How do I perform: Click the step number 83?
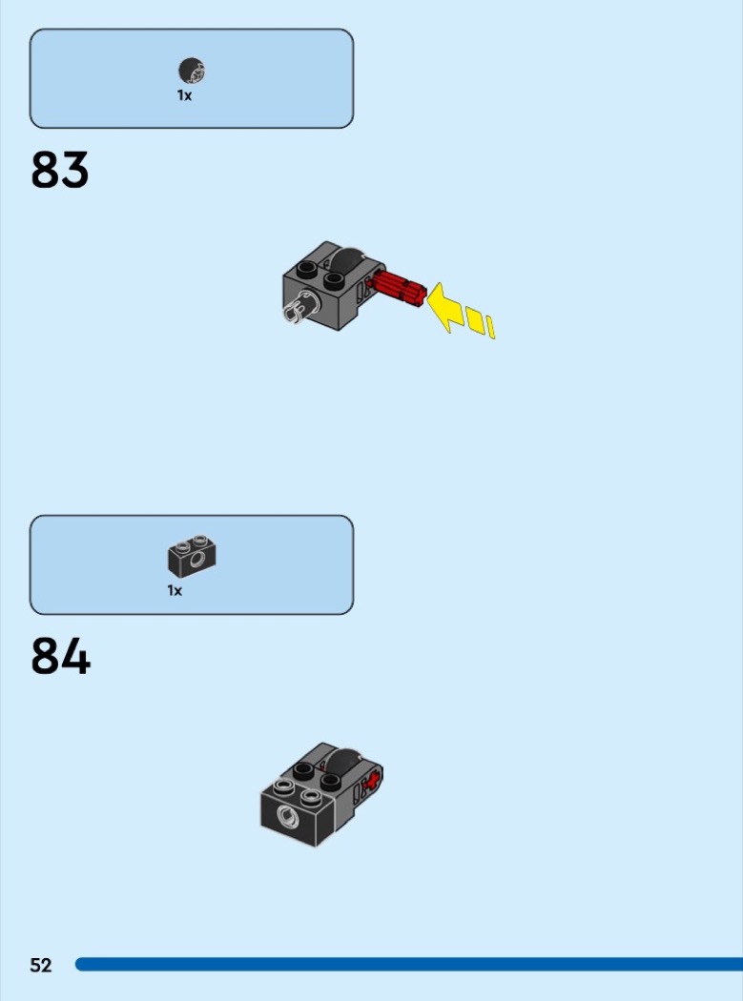point(59,170)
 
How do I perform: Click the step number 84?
point(60,656)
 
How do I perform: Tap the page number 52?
point(40,965)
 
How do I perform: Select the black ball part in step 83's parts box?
point(192,71)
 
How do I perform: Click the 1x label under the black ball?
point(185,95)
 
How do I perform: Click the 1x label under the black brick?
point(175,590)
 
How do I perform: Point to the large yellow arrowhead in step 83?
point(444,307)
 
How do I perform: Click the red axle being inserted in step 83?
point(400,288)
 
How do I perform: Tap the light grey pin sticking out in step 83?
point(298,307)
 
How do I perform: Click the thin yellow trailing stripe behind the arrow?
point(490,327)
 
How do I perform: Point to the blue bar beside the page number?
point(409,964)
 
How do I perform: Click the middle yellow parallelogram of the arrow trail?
point(475,319)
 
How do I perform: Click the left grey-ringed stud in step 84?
point(284,787)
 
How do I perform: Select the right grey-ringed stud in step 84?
point(311,796)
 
